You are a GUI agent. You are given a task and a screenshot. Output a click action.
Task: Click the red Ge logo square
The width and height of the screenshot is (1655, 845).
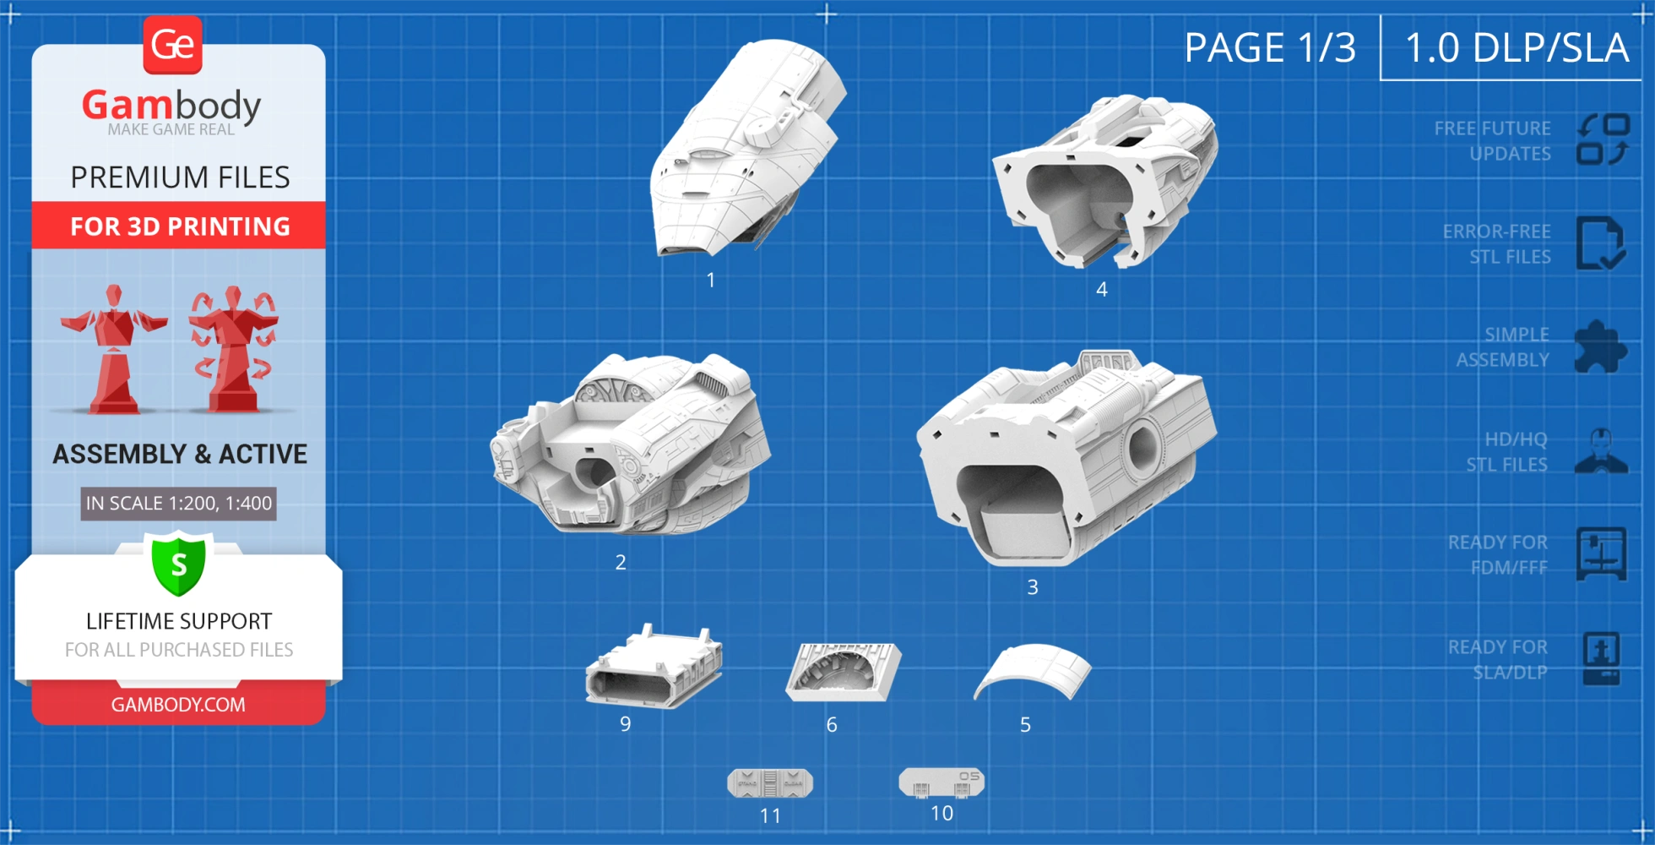(x=173, y=45)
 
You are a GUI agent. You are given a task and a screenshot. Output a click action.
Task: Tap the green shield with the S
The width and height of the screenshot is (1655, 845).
(x=178, y=564)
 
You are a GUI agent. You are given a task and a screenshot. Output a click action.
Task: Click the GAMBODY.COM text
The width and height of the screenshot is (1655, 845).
(x=178, y=705)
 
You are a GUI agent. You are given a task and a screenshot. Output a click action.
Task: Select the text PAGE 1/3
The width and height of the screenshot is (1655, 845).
(x=1269, y=47)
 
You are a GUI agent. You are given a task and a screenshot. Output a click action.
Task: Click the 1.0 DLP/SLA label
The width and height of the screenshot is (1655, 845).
(x=1517, y=47)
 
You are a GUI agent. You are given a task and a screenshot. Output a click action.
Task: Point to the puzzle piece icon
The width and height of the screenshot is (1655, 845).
(x=1599, y=346)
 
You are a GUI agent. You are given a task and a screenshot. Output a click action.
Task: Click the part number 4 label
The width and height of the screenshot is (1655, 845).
(x=1101, y=290)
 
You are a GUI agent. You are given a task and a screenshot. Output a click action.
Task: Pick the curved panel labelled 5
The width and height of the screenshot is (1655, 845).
(x=1033, y=671)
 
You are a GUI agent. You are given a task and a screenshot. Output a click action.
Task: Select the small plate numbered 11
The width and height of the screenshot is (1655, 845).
(x=770, y=783)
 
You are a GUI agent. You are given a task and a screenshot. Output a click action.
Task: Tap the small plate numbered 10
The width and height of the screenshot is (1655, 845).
(x=941, y=782)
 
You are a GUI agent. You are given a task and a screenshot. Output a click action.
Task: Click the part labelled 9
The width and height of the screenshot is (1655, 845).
(x=654, y=668)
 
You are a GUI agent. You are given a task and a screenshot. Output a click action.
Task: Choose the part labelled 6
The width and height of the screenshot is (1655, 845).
(x=843, y=671)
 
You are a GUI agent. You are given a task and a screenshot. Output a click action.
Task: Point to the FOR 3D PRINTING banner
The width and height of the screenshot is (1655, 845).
(x=179, y=226)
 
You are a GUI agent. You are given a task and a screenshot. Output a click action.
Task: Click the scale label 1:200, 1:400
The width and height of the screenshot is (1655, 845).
(x=178, y=504)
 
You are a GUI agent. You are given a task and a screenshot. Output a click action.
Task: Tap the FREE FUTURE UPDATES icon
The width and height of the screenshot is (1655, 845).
(x=1603, y=140)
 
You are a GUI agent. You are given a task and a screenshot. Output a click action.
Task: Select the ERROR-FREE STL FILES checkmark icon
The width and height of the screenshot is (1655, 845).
(x=1599, y=243)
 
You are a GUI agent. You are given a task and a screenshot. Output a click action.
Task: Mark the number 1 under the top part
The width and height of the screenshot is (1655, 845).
(x=711, y=281)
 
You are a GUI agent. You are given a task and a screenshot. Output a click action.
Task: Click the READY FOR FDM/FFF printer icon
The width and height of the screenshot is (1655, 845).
(x=1601, y=554)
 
